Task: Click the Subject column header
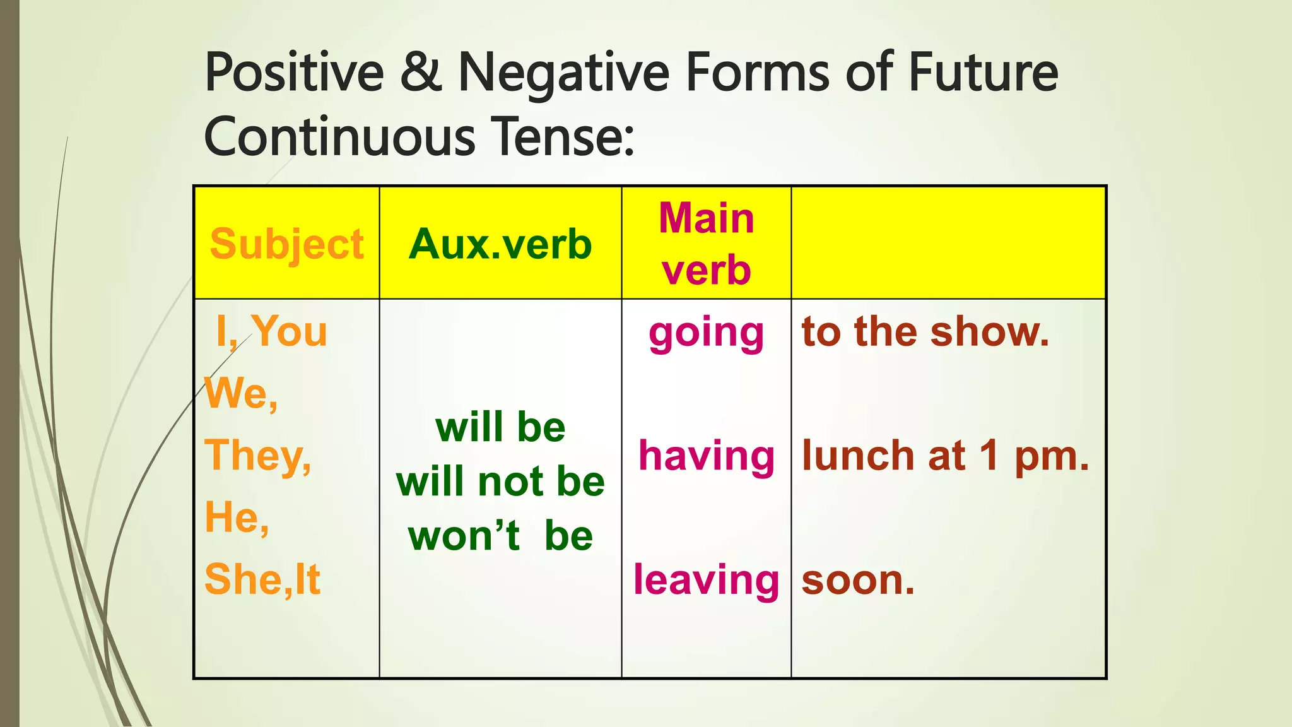click(x=286, y=244)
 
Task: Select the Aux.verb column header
click(x=500, y=244)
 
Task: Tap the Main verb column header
click(x=706, y=244)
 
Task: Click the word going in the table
click(x=706, y=333)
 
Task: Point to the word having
click(x=706, y=456)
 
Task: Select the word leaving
click(x=706, y=579)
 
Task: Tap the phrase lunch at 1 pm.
click(x=945, y=456)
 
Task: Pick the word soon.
click(x=858, y=579)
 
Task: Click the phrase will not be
click(x=500, y=482)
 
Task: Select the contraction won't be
click(x=500, y=536)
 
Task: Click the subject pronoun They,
click(x=258, y=456)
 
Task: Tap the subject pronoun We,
click(x=241, y=394)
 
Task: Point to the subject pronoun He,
click(x=237, y=517)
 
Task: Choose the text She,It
click(x=262, y=579)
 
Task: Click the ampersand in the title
click(x=420, y=72)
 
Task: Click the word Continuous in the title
click(x=339, y=137)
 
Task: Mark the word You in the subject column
click(x=290, y=331)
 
